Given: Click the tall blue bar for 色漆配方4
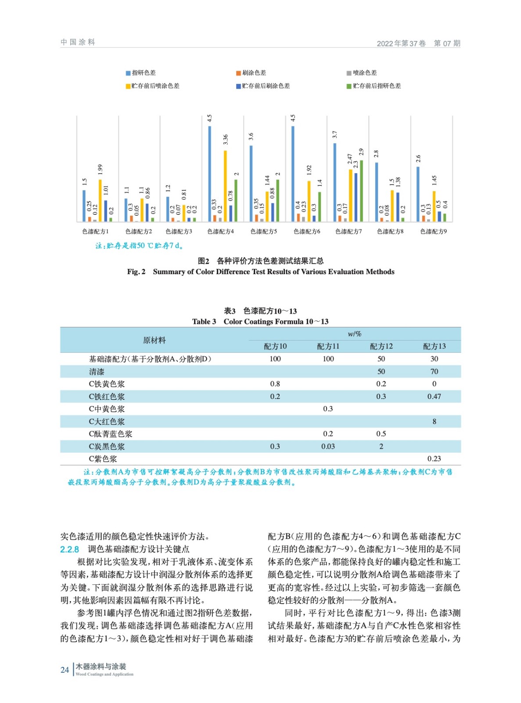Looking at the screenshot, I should pos(209,174).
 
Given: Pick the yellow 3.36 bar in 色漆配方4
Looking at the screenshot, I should pos(225,186).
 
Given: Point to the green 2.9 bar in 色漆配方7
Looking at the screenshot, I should pos(361,191).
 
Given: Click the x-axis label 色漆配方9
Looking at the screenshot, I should pos(433,231).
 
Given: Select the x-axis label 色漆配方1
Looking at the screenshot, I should pos(95,231).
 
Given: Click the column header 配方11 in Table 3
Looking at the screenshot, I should pos(328,346).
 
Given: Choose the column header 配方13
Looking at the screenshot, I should pos(434,346).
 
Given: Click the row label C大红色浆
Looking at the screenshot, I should pos(107,422).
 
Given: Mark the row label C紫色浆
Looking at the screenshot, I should pos(103,459).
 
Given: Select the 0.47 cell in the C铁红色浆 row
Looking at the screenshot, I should pos(434,396).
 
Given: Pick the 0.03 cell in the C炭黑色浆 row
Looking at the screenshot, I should pos(328,446).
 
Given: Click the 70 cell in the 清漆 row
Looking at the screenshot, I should pos(434,372).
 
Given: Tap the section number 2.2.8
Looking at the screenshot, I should pos(69,549).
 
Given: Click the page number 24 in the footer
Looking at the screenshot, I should pos(65,670).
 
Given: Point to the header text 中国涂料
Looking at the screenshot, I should pos(78,42).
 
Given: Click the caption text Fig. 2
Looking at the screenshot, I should pos(136,272).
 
